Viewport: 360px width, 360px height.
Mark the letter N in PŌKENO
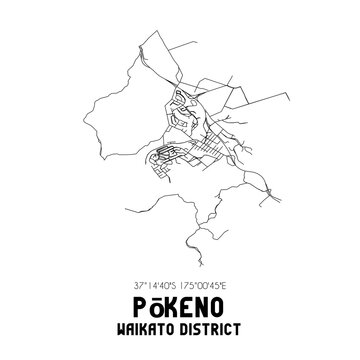[x=208, y=291]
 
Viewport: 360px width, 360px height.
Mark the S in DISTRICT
[x=202, y=314]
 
